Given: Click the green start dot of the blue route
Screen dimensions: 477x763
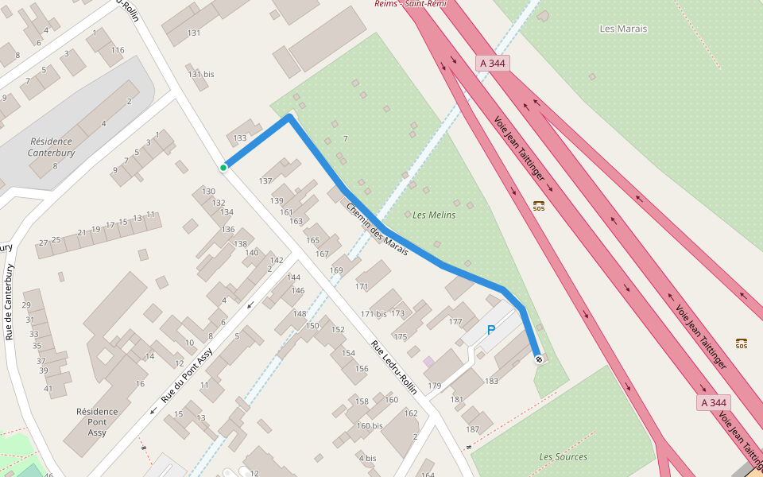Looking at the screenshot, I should point(223,167).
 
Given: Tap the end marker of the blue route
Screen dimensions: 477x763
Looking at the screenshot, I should point(539,359).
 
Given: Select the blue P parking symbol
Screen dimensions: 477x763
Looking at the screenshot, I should point(490,330).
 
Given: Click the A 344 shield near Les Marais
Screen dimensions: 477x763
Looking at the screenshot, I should point(493,63).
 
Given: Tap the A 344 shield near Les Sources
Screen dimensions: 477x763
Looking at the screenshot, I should point(713,403).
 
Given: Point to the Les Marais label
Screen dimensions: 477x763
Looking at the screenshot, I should point(623,29).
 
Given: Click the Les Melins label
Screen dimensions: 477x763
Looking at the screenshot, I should point(434,215).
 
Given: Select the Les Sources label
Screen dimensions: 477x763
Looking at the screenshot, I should point(563,456).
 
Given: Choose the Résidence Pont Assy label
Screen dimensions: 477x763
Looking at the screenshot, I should point(97,421).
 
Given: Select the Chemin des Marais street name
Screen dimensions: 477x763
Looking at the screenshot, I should point(377,230).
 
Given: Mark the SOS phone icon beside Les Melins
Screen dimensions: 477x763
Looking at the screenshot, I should point(539,206).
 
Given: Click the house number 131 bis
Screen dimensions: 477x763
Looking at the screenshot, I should point(201,74).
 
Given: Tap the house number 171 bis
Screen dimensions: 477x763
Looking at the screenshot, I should point(374,314).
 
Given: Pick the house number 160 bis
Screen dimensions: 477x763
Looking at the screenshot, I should point(370,425).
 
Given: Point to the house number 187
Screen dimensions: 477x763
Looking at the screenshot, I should point(473,429).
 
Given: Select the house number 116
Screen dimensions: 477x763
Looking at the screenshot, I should point(118,50).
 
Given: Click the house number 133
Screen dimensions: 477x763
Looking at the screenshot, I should point(240,138).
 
